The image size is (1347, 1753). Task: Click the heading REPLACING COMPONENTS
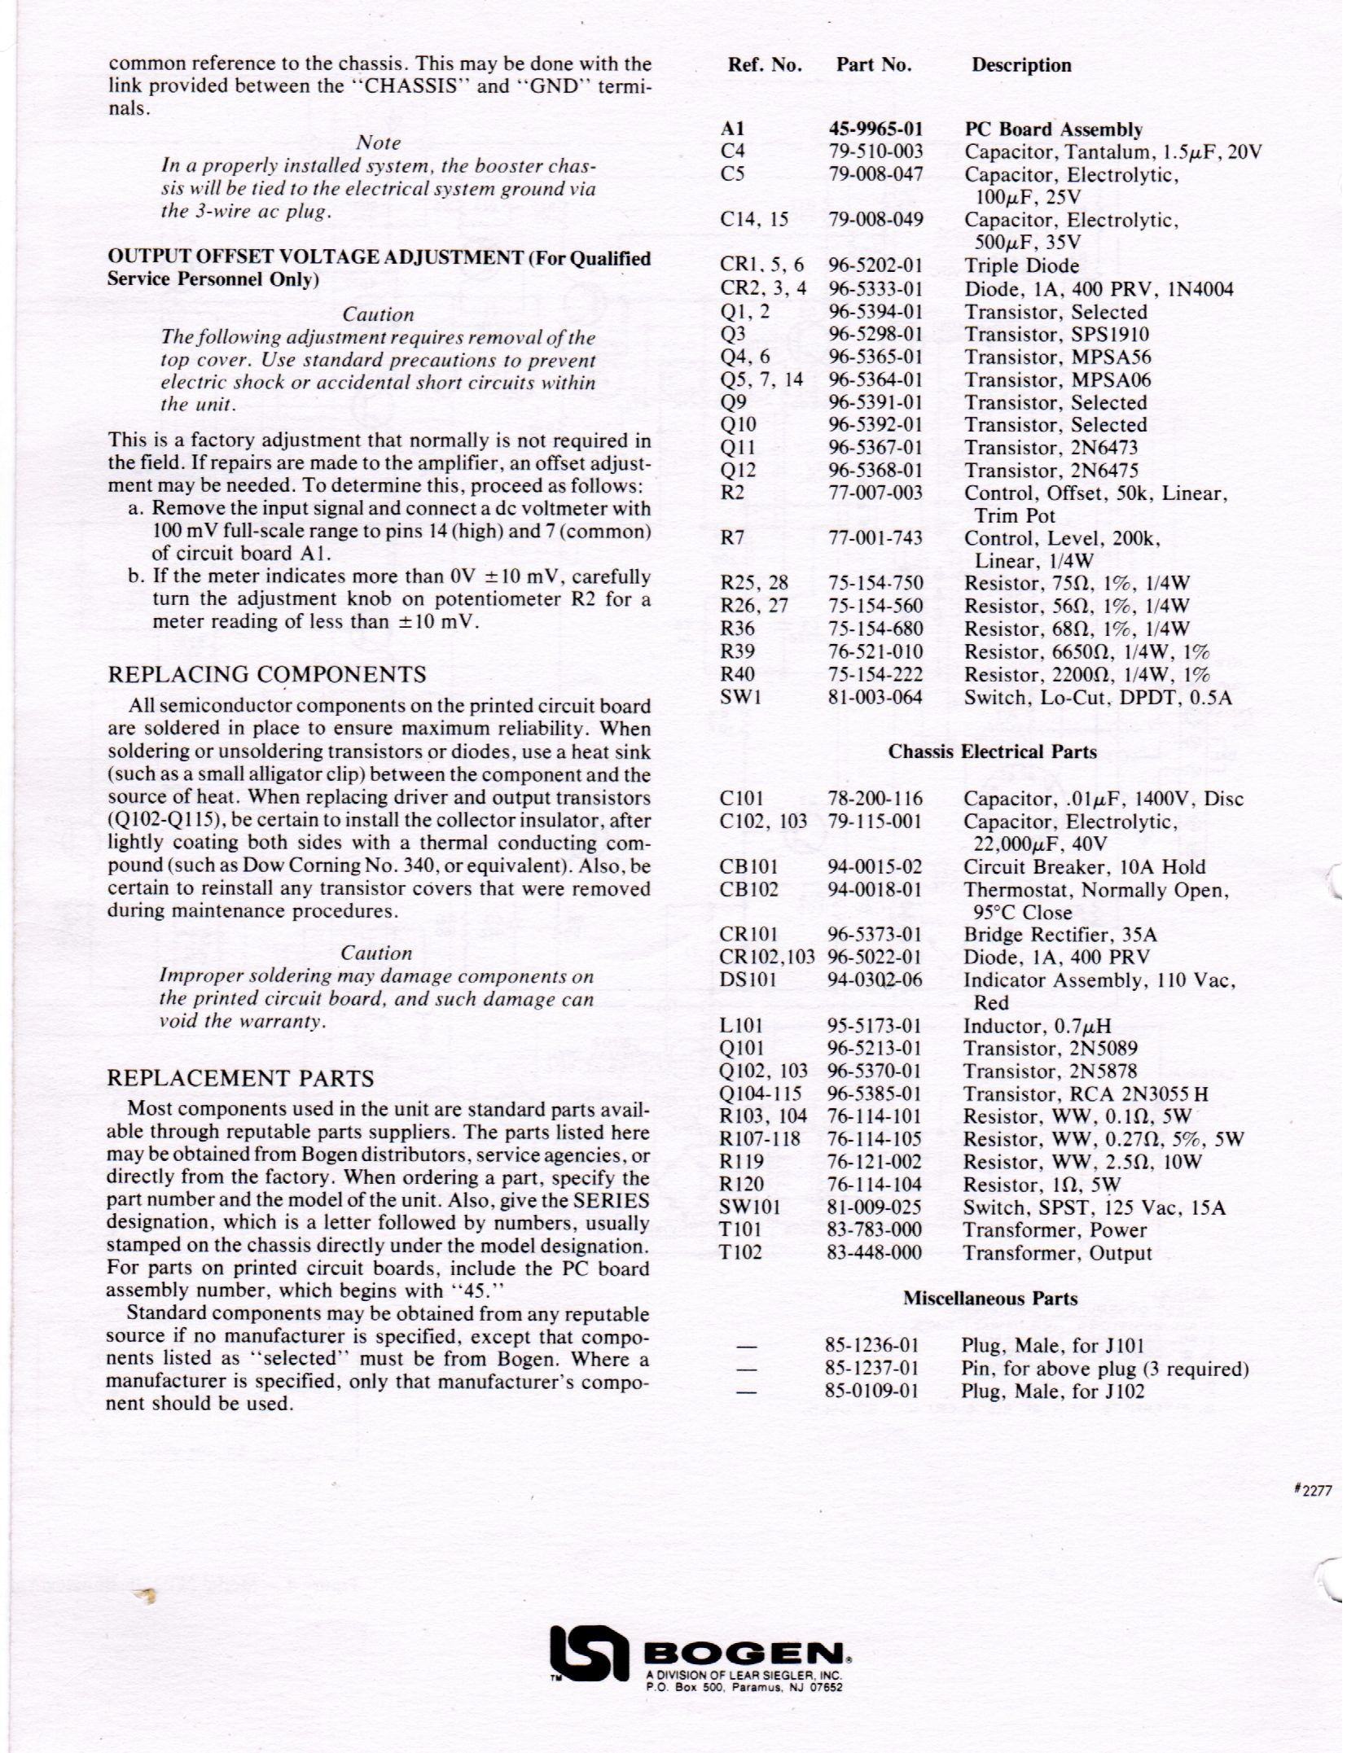coord(267,674)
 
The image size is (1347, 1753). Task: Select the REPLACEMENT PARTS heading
coord(240,1078)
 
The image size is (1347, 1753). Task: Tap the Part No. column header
coord(873,65)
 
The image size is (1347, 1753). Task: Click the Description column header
coord(1020,65)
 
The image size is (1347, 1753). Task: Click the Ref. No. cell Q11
coord(738,448)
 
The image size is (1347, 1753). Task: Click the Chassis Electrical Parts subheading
coord(992,752)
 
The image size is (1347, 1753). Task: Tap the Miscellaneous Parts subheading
coord(989,1298)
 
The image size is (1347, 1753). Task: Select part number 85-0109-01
coord(872,1391)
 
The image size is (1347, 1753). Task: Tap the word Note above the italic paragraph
coord(379,142)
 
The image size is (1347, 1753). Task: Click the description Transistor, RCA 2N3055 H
coord(1085,1093)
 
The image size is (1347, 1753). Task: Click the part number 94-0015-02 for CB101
coord(875,867)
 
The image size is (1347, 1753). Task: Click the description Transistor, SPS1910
coord(1056,335)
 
